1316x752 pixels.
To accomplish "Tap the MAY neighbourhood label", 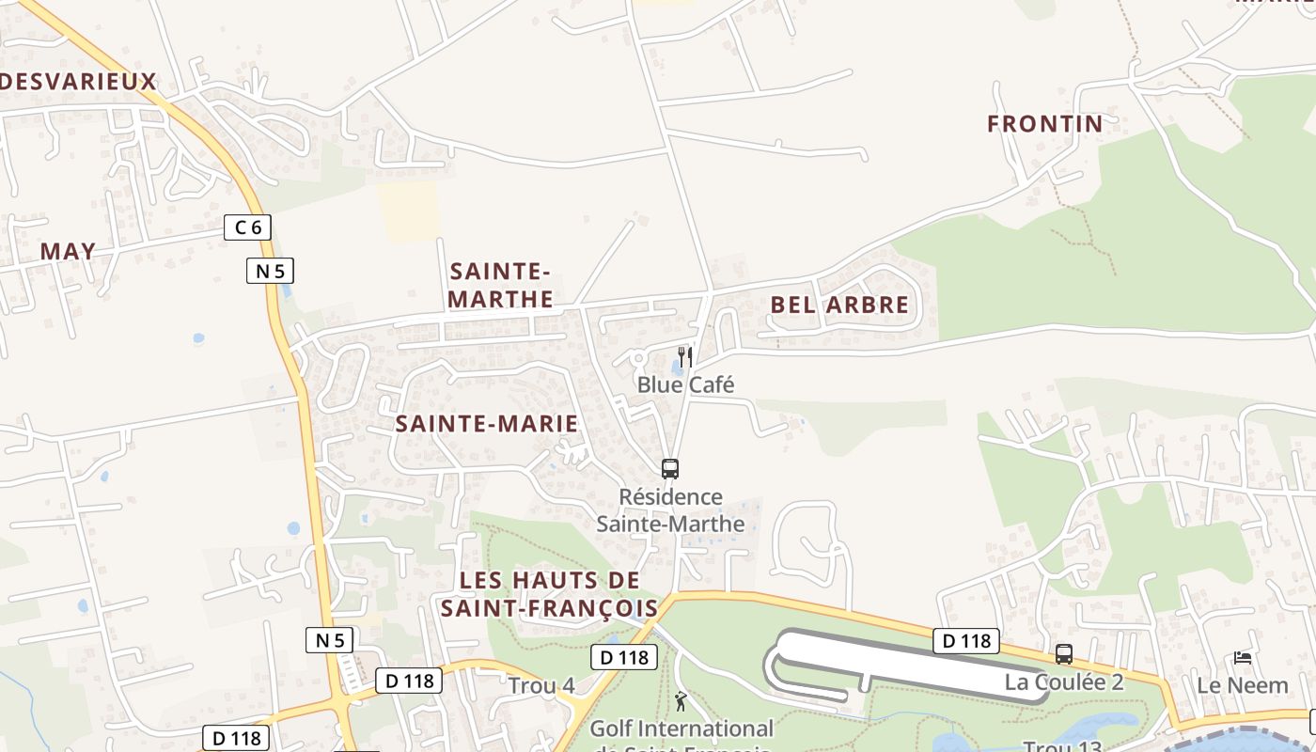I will pyautogui.click(x=68, y=251).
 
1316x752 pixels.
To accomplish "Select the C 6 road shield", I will pyautogui.click(x=248, y=227).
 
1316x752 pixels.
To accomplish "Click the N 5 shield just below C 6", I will pyautogui.click(x=270, y=271).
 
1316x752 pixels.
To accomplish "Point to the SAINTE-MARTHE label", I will pyautogui.click(x=501, y=285).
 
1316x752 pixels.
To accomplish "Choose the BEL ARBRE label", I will pyautogui.click(x=839, y=305).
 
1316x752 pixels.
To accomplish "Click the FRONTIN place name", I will pyautogui.click(x=1044, y=123).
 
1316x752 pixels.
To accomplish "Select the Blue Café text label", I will pyautogui.click(x=685, y=384).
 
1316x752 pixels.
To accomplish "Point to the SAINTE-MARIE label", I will pyautogui.click(x=486, y=423).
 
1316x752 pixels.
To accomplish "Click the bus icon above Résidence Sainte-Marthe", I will pyautogui.click(x=670, y=468).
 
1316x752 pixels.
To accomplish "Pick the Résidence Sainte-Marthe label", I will pyautogui.click(x=670, y=510).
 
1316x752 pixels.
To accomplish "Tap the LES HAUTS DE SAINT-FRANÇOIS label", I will pyautogui.click(x=550, y=594).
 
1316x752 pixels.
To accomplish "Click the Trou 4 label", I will pyautogui.click(x=541, y=685).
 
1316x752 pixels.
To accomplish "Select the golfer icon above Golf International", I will pyautogui.click(x=681, y=700).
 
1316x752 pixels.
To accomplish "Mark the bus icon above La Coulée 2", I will pyautogui.click(x=1064, y=653).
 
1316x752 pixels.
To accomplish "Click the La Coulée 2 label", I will pyautogui.click(x=1064, y=681).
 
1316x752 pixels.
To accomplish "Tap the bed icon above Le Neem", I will pyautogui.click(x=1243, y=657).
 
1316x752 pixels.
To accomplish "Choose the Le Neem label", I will pyautogui.click(x=1243, y=685).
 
